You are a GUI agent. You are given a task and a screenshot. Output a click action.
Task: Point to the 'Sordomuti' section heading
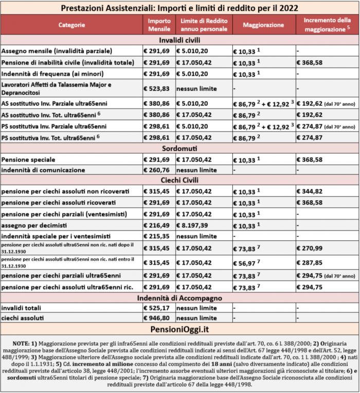pos(179,149)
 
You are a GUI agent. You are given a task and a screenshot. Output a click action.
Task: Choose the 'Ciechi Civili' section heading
pos(179,181)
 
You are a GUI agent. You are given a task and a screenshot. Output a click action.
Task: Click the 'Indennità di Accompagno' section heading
pos(179,298)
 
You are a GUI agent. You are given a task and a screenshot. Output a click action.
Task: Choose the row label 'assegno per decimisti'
pos(32,225)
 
